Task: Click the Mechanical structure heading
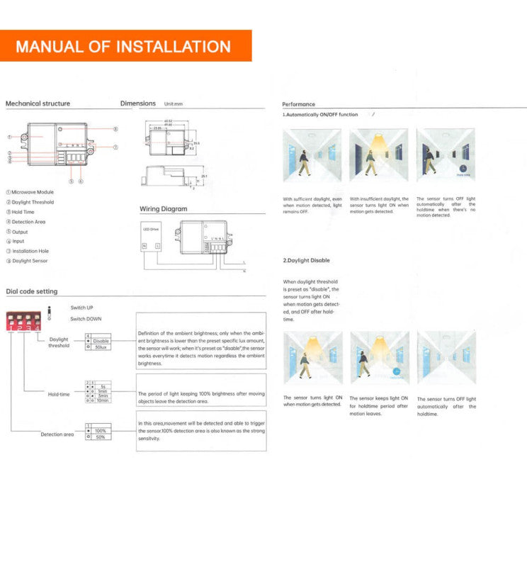pyautogui.click(x=38, y=103)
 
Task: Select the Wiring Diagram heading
pyautogui.click(x=164, y=209)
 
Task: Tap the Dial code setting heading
pyautogui.click(x=32, y=291)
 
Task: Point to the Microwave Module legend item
pyautogui.click(x=32, y=192)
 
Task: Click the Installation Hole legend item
pyautogui.click(x=30, y=251)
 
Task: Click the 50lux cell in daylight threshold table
pyautogui.click(x=101, y=347)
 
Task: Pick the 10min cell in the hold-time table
pyautogui.click(x=102, y=400)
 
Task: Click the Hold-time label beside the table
pyautogui.click(x=59, y=394)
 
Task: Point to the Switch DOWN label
pyautogui.click(x=86, y=319)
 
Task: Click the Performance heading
pyautogui.click(x=298, y=104)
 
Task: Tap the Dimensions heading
pyautogui.click(x=138, y=103)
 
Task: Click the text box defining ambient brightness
pyautogui.click(x=200, y=347)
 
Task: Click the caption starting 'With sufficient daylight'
pyautogui.click(x=312, y=206)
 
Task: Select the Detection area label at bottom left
pyautogui.click(x=57, y=434)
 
